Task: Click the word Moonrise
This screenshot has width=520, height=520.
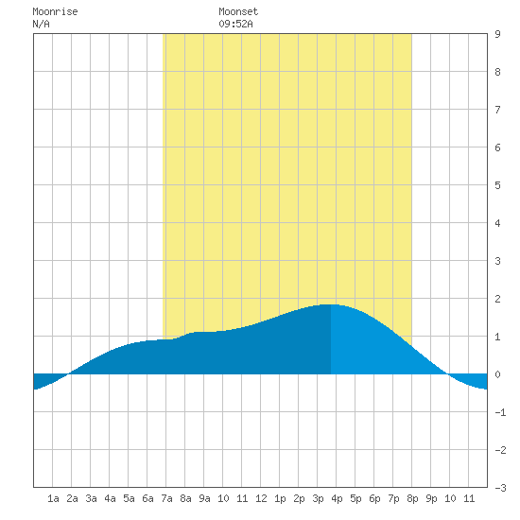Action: click(x=55, y=11)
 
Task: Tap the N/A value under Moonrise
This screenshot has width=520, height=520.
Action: click(x=41, y=24)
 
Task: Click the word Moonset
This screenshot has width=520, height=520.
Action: click(x=238, y=11)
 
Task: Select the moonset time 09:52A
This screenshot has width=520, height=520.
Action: click(x=235, y=24)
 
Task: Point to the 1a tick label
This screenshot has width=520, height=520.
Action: click(x=53, y=498)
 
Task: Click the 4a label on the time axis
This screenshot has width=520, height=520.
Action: click(x=110, y=498)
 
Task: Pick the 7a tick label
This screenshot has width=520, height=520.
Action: click(x=166, y=498)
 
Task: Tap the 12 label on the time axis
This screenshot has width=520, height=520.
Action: click(x=261, y=498)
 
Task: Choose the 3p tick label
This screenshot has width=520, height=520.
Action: click(x=318, y=498)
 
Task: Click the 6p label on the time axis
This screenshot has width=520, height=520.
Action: click(x=374, y=498)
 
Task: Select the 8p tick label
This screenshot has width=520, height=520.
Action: click(x=412, y=498)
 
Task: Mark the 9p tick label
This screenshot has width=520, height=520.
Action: click(x=431, y=498)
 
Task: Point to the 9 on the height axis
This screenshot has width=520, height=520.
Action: click(x=497, y=34)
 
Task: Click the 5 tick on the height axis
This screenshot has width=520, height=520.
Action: click(x=497, y=185)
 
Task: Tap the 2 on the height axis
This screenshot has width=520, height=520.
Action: click(x=497, y=299)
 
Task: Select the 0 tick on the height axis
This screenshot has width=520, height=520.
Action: click(x=497, y=374)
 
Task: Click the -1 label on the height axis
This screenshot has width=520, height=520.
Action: click(x=500, y=412)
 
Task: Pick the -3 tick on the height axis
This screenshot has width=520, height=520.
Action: click(x=500, y=488)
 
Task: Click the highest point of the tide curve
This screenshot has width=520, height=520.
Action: click(x=331, y=304)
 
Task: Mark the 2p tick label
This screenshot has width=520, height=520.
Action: click(x=299, y=498)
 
